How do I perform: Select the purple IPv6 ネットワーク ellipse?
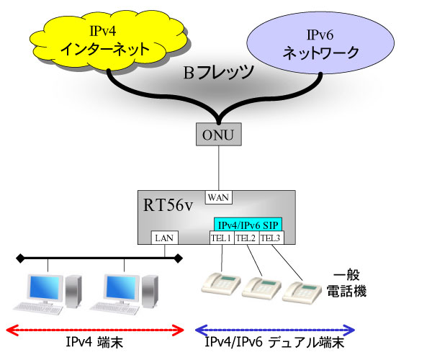[x=318, y=44]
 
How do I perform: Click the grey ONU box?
[x=216, y=134]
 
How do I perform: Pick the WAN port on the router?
[x=216, y=197]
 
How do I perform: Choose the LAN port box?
[x=163, y=238]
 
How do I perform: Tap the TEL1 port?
[x=221, y=238]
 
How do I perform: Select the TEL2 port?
[x=246, y=238]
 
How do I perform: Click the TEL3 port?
[x=271, y=238]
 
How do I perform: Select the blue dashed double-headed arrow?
[x=276, y=330]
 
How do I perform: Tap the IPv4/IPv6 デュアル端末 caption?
[x=276, y=345]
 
